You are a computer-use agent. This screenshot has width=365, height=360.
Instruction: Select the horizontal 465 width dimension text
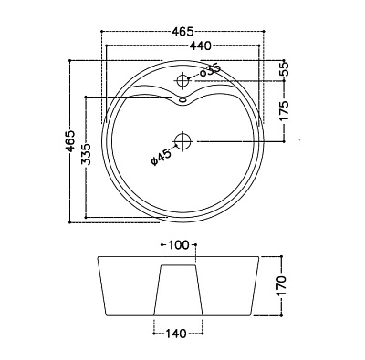[x=185, y=31]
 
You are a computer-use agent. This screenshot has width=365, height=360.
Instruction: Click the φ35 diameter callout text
[x=210, y=69]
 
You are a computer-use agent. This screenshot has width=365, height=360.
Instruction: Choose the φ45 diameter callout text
[x=160, y=157]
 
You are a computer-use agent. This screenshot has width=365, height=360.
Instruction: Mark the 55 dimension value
[x=284, y=68]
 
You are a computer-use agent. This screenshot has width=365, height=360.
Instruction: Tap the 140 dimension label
[x=178, y=333]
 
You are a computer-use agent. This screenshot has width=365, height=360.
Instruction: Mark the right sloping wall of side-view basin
[x=255, y=286]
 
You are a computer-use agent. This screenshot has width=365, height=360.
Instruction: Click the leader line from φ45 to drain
[x=172, y=149]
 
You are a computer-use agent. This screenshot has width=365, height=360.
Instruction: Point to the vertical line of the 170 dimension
[x=271, y=286]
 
